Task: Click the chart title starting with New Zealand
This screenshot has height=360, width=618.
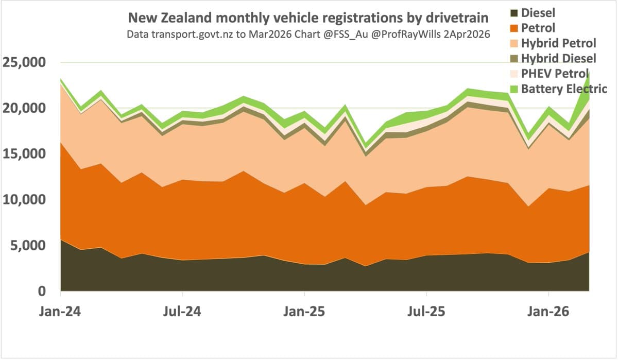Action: point(308,19)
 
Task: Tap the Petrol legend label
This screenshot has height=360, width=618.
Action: point(538,27)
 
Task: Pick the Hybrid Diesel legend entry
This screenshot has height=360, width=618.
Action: point(558,58)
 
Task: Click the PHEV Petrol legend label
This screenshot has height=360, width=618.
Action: point(555,73)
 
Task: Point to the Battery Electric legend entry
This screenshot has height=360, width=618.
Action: point(564,89)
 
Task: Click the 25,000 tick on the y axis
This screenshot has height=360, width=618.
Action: point(25,63)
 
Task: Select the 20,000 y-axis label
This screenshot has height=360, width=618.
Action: point(25,109)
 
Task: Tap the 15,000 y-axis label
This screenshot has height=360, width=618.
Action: point(25,154)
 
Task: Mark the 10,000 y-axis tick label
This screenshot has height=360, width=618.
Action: point(25,200)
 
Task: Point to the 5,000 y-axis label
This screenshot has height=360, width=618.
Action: point(28,246)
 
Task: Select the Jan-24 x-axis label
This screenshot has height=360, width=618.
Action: point(61,312)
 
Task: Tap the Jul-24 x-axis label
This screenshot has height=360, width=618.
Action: point(183,312)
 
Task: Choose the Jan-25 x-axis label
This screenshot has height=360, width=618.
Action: point(305,312)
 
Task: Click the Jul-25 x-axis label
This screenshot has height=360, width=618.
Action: point(426,312)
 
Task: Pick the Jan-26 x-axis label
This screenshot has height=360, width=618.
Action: point(548,312)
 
